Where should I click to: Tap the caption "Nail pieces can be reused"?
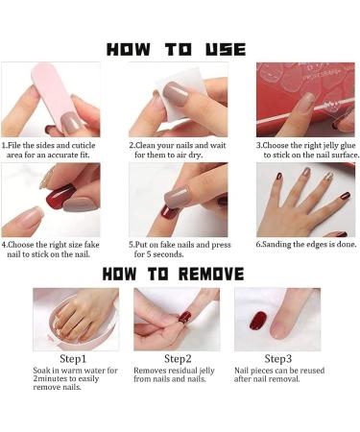278,371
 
